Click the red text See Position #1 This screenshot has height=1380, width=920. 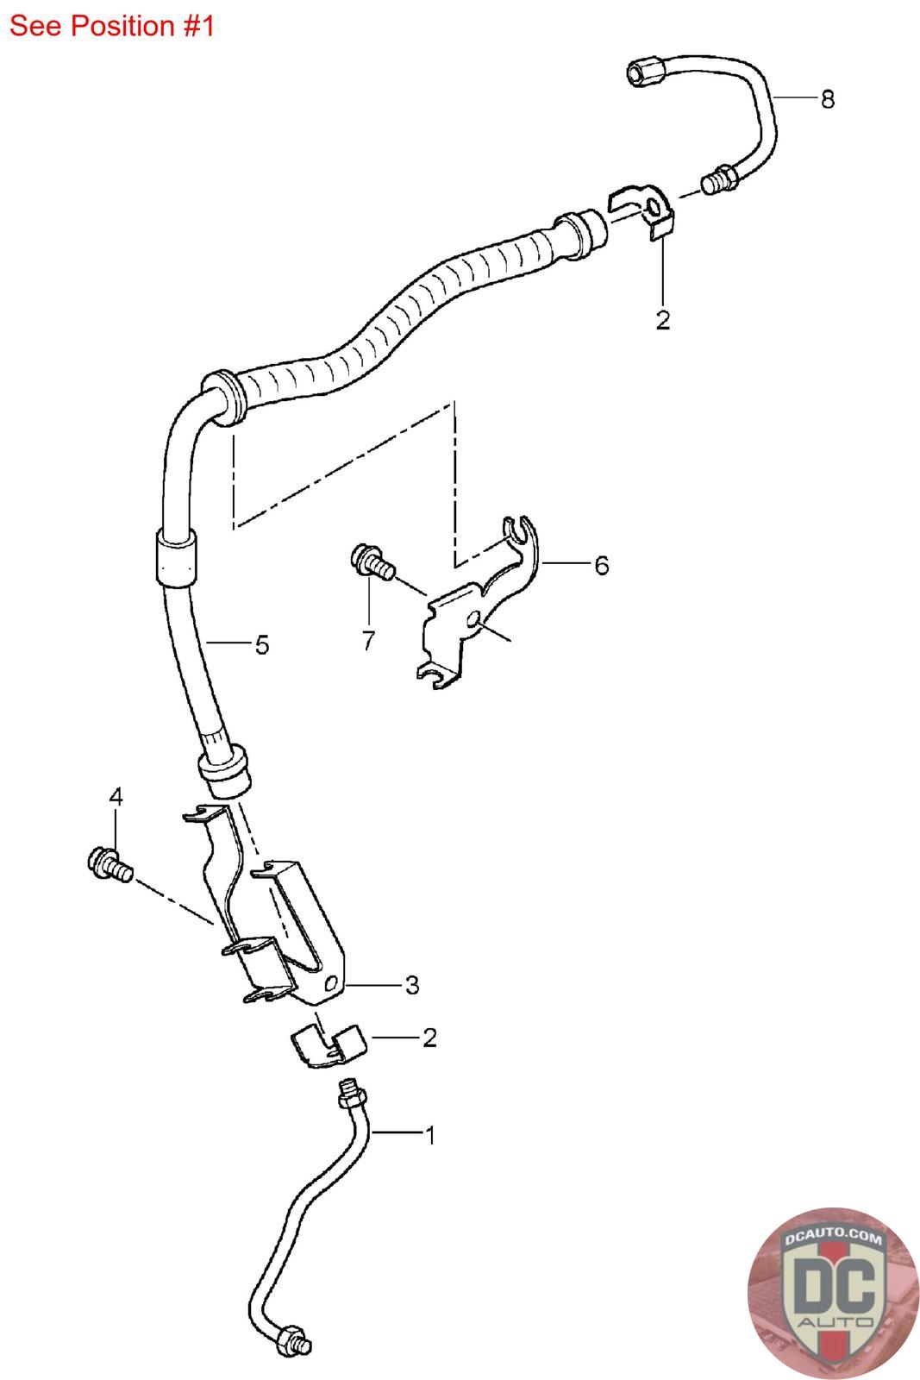pos(112,26)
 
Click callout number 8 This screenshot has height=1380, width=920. pos(828,100)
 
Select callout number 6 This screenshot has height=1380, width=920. pos(601,565)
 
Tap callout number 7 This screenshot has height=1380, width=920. pos(369,640)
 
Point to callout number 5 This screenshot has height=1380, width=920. pos(261,644)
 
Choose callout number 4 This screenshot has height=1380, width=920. pos(116,796)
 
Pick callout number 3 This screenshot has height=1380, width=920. pos(412,984)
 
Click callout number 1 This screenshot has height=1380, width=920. pos(429,1135)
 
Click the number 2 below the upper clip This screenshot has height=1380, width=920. pos(662,321)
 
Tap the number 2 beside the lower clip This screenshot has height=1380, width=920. pos(429,1038)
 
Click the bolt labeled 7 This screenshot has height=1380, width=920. pos(372,561)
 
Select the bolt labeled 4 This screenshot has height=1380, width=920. pos(109,865)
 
